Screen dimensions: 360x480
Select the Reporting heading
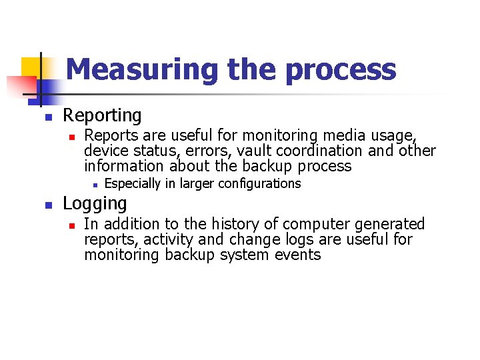[102, 116]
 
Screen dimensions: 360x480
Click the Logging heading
[94, 203]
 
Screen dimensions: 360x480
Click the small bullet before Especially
[95, 185]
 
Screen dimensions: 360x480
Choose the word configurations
[261, 183]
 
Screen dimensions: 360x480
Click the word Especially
[137, 183]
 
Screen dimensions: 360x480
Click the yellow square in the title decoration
[31, 67]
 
